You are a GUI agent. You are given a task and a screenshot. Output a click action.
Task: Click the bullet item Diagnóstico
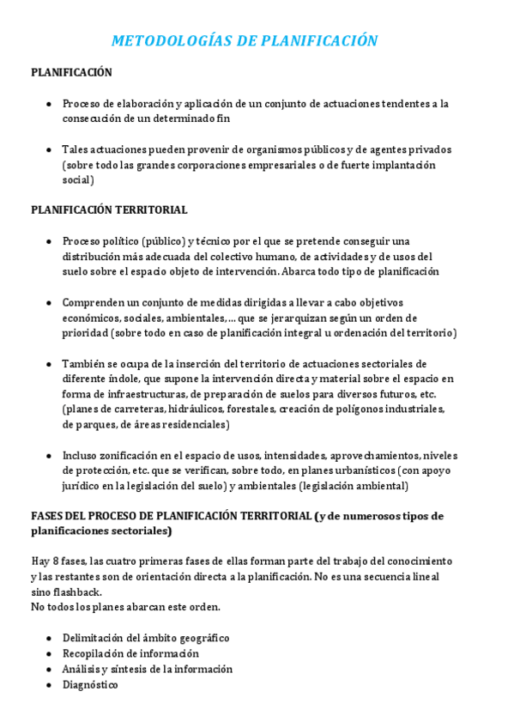(x=89, y=685)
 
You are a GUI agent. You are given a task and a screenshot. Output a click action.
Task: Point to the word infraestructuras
(x=129, y=394)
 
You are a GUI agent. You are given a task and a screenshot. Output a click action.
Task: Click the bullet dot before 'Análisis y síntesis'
(x=48, y=670)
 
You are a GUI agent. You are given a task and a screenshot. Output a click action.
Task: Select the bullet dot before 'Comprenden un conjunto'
(x=48, y=302)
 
